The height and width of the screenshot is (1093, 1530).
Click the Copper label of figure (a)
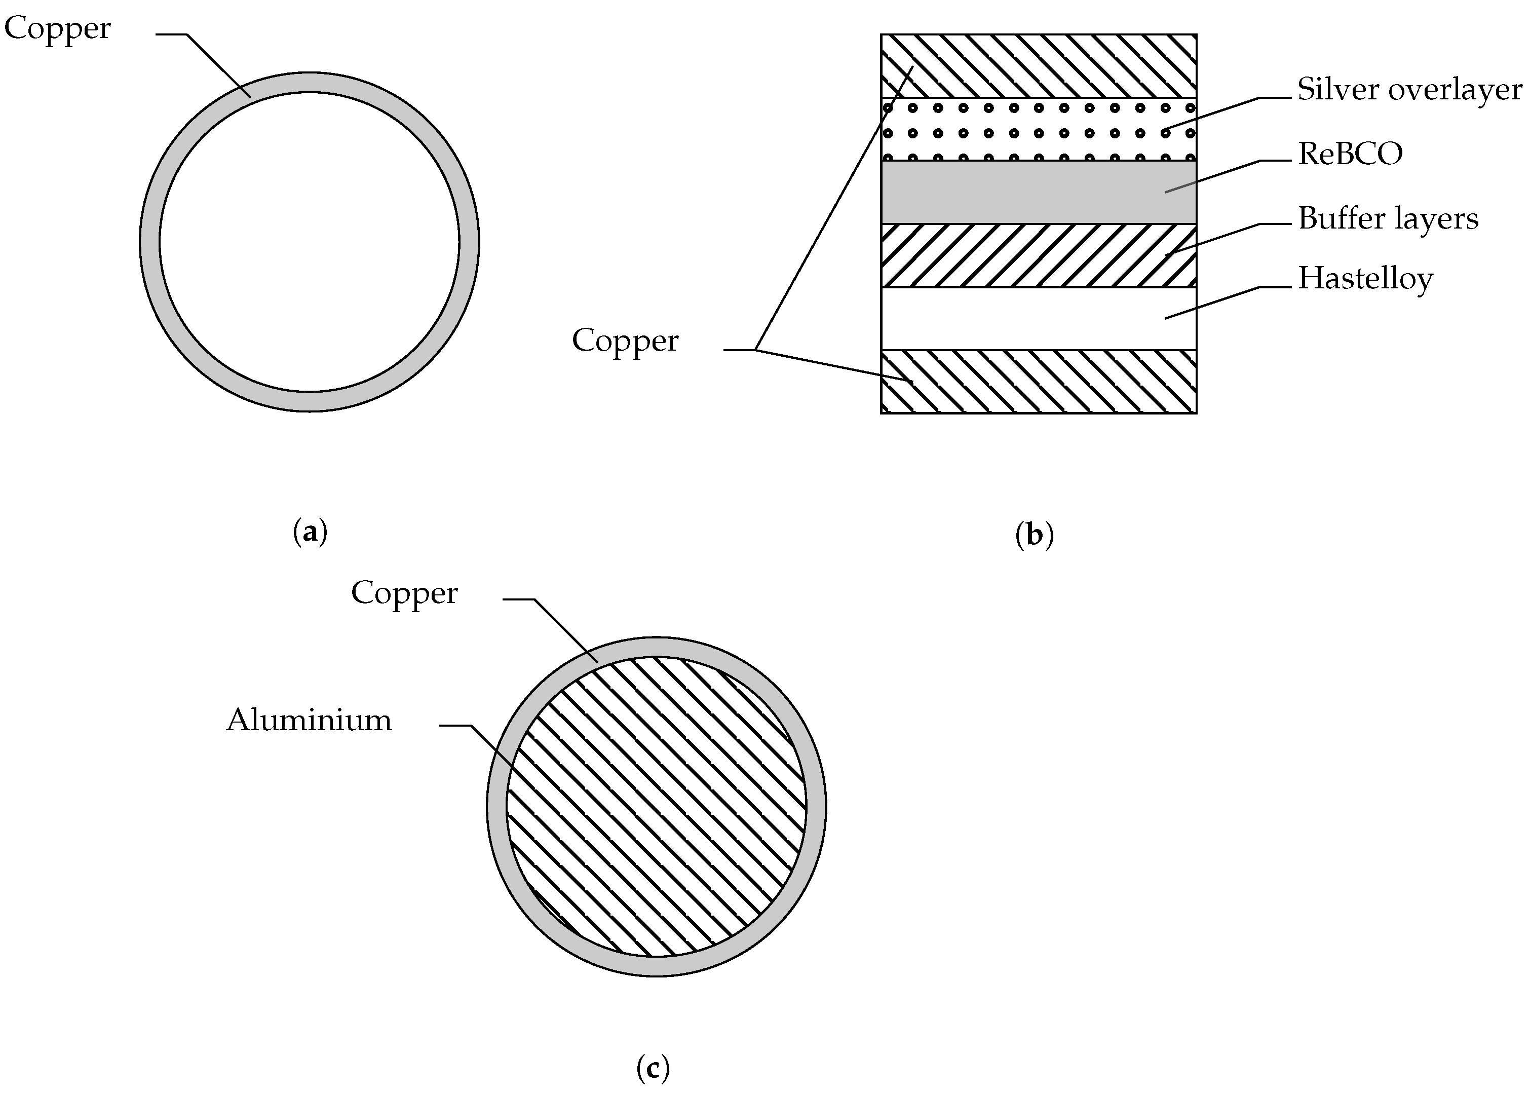57,29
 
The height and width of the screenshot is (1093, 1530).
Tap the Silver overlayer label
1409,90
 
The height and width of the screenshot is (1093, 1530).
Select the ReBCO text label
1350,154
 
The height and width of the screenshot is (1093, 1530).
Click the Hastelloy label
1365,279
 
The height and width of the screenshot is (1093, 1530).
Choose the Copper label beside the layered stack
625,341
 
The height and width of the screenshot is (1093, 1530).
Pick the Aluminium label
309,720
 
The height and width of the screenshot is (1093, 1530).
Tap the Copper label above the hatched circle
404,593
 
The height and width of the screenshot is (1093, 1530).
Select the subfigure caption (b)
1034,535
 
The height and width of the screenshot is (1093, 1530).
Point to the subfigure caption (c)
653,1068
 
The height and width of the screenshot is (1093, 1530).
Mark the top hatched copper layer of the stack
1038,66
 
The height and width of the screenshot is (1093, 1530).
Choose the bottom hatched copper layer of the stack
1038,381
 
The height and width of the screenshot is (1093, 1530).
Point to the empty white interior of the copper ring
310,242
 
